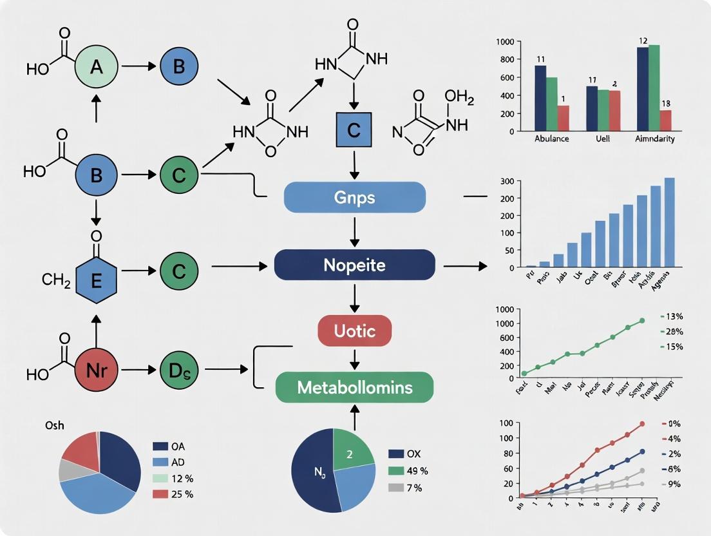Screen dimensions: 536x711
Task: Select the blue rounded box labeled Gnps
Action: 355,196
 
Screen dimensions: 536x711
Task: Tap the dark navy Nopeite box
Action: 355,264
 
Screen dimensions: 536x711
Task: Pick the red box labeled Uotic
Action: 355,331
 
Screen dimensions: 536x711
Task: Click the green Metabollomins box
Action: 355,387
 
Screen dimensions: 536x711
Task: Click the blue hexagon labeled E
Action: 97,281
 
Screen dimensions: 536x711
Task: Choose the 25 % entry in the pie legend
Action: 174,494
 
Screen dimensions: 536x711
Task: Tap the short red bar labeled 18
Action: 665,120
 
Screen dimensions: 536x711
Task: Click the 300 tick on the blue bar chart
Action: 506,181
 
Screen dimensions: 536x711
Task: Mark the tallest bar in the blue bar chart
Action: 670,222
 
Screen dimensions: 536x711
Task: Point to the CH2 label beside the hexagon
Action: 56,281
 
